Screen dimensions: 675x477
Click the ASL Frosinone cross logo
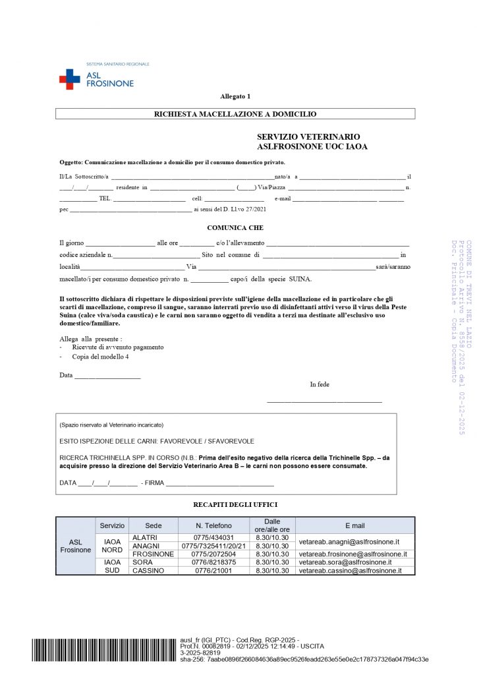(x=69, y=79)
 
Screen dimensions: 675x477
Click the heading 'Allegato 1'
(x=235, y=96)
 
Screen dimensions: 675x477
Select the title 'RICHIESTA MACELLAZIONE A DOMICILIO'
(x=235, y=114)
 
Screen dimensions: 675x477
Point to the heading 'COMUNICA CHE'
(x=235, y=227)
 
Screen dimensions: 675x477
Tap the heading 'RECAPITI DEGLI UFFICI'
(x=235, y=504)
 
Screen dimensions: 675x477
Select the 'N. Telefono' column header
(x=213, y=525)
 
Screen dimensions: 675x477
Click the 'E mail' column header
(x=354, y=525)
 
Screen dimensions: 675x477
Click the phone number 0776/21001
(x=213, y=571)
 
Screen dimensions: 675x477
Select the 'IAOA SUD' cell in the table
(x=112, y=566)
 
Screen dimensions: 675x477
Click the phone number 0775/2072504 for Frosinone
(x=213, y=554)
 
